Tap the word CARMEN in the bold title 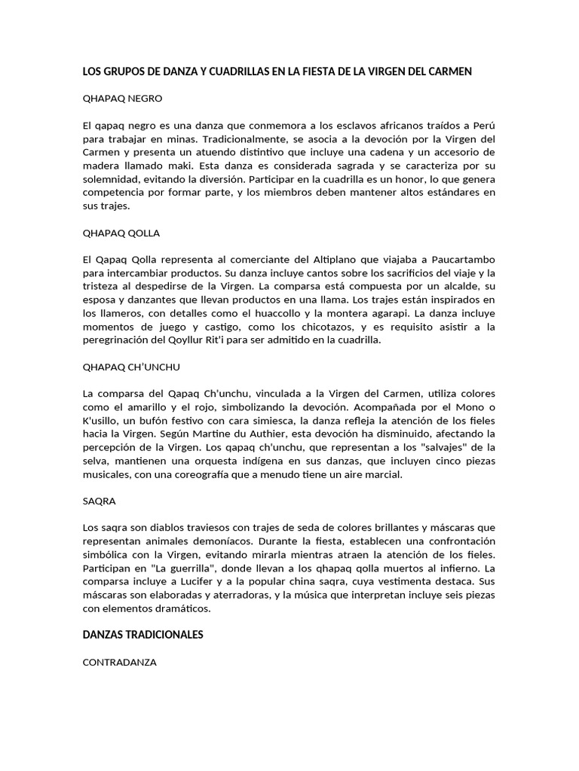click(x=449, y=72)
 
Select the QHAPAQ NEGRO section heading click(x=122, y=99)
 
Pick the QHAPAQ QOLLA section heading click(x=121, y=233)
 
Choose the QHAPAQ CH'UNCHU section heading click(x=131, y=367)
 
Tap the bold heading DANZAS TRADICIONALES click(x=142, y=635)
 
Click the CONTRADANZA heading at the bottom click(x=119, y=663)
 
